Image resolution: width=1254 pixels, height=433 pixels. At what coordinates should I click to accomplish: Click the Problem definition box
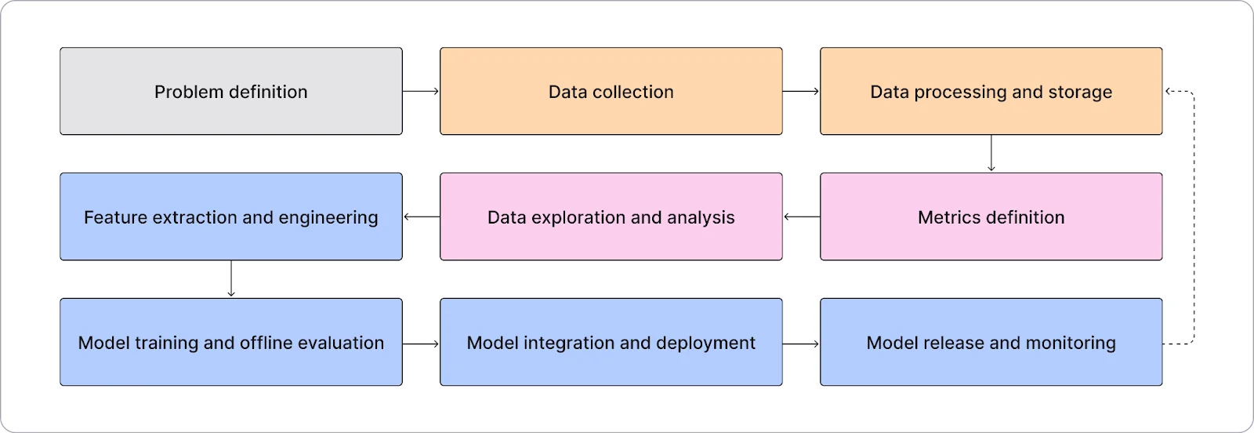tap(231, 91)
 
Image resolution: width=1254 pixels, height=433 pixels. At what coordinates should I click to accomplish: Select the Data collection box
tap(611, 91)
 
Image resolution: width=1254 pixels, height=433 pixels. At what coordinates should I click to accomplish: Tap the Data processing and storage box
tap(991, 91)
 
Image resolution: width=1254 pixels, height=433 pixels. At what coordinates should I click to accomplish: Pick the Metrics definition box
tap(991, 216)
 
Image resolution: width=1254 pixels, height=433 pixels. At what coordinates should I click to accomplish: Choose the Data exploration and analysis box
tap(611, 216)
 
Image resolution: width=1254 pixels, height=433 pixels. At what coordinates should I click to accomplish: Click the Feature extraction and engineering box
tap(231, 216)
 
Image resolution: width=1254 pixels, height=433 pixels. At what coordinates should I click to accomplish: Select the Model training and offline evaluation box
tap(231, 342)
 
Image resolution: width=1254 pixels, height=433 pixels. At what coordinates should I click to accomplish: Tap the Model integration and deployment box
tap(611, 342)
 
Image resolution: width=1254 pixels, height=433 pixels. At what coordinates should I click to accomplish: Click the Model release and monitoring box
tap(991, 342)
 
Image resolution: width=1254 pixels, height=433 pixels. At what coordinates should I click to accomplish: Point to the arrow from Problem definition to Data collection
tap(421, 91)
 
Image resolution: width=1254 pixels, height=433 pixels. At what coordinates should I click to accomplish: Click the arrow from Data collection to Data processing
tap(801, 91)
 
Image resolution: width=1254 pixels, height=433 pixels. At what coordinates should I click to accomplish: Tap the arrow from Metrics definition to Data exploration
tap(802, 216)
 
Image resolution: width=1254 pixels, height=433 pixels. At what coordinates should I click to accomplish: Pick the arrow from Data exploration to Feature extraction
tap(422, 216)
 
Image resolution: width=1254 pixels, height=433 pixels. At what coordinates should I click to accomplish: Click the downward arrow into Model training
tap(231, 278)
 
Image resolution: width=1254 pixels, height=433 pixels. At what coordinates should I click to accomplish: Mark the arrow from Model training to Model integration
tap(421, 344)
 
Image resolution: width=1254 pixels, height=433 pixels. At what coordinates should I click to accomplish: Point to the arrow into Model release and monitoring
tap(801, 344)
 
